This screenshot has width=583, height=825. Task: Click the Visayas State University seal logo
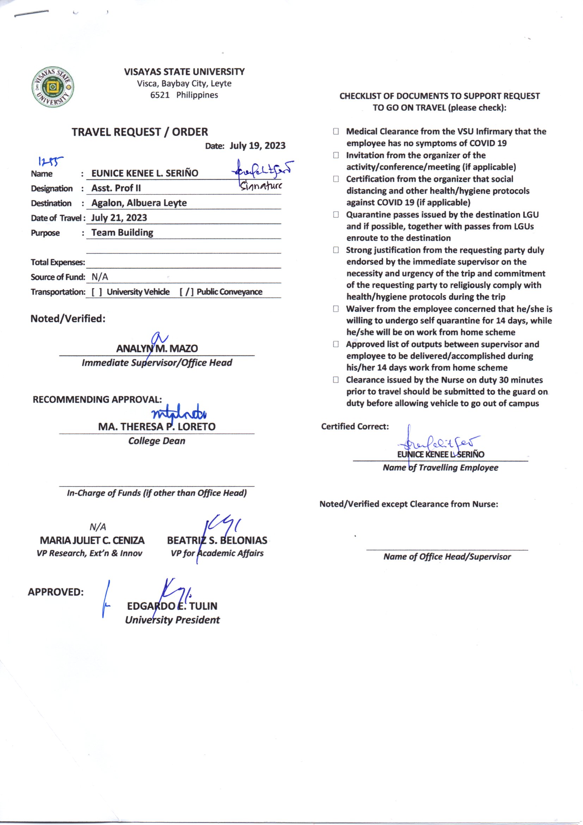[53, 87]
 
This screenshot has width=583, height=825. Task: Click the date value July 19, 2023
[257, 146]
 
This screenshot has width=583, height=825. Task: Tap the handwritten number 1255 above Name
[50, 162]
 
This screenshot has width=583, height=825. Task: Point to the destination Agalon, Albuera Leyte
[139, 203]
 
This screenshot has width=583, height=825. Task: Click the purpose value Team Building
[122, 233]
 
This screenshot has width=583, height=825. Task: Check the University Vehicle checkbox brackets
[97, 292]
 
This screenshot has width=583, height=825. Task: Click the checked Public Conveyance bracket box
[187, 292]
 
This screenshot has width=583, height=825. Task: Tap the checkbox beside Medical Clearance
[336, 132]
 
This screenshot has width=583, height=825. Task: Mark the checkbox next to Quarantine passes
[336, 215]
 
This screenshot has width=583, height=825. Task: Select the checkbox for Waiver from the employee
[336, 309]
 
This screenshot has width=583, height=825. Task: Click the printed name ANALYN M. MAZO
[157, 349]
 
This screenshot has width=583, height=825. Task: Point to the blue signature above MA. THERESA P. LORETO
[179, 415]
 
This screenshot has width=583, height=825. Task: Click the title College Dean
[157, 441]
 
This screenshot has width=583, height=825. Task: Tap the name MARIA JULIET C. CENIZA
[92, 541]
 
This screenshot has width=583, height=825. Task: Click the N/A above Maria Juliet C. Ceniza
[98, 527]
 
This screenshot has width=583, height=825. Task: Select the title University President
[172, 620]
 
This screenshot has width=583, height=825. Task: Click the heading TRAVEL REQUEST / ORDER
[140, 132]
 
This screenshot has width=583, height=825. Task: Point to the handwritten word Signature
[261, 186]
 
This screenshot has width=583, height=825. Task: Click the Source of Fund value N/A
[99, 277]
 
